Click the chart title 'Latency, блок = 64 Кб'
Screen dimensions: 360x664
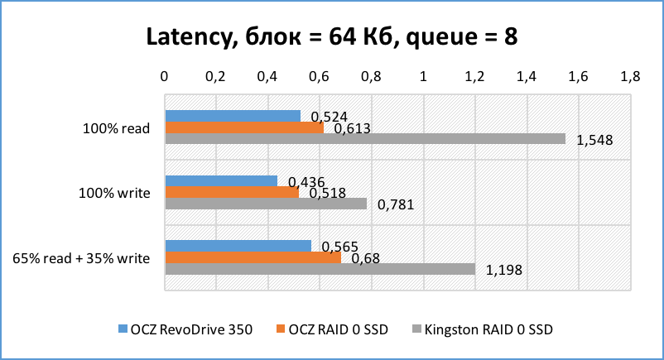pos(331,37)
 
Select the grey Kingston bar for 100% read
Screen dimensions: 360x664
pos(364,139)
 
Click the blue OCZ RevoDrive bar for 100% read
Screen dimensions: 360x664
pos(233,116)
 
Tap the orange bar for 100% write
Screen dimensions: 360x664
pos(232,192)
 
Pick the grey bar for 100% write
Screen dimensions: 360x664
pos(265,204)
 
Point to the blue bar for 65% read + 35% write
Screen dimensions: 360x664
pos(238,246)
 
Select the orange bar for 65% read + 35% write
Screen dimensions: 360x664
pos(253,257)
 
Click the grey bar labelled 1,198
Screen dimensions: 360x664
pos(320,269)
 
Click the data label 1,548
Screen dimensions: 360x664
pos(594,140)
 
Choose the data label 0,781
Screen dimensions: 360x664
pos(395,205)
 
